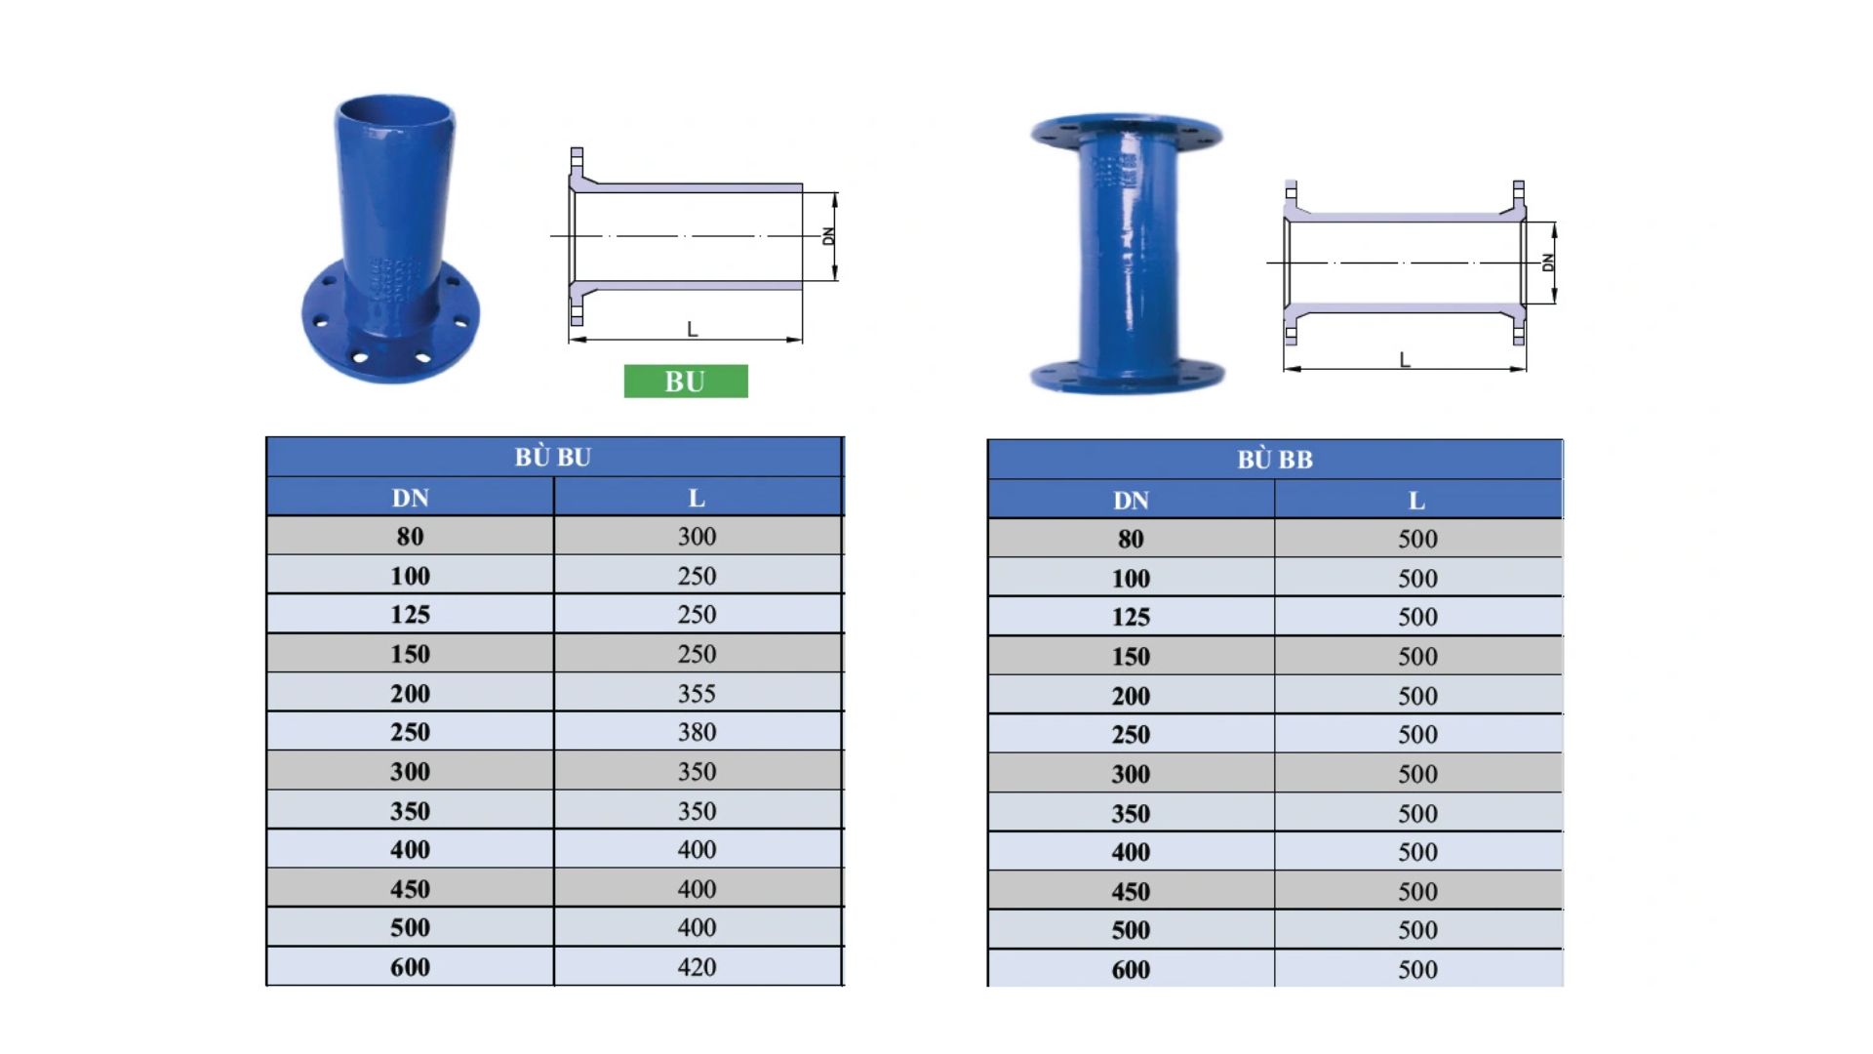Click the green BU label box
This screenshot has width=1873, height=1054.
pos(686,382)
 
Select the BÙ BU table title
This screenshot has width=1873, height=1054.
pos(553,457)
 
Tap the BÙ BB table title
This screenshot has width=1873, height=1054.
pos(1274,460)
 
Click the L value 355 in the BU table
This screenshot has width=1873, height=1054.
pos(697,694)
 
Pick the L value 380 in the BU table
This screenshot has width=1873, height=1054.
pos(697,732)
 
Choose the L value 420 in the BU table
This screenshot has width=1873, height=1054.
pos(697,967)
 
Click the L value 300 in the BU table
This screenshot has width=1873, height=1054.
pos(697,537)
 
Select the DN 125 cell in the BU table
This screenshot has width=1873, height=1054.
pos(410,615)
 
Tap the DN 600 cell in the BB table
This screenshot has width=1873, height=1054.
pos(1131,970)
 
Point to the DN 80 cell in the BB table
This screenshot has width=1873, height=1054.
pos(1131,539)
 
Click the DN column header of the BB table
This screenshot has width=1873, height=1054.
pos(1131,501)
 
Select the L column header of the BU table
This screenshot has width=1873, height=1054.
pos(697,499)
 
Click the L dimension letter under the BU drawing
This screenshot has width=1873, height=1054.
pos(692,330)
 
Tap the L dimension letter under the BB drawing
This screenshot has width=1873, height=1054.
pos(1405,360)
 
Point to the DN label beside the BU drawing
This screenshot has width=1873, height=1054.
pos(829,236)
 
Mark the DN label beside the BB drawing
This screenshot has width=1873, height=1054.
pos(1547,262)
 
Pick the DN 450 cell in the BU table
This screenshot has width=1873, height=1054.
pos(410,889)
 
